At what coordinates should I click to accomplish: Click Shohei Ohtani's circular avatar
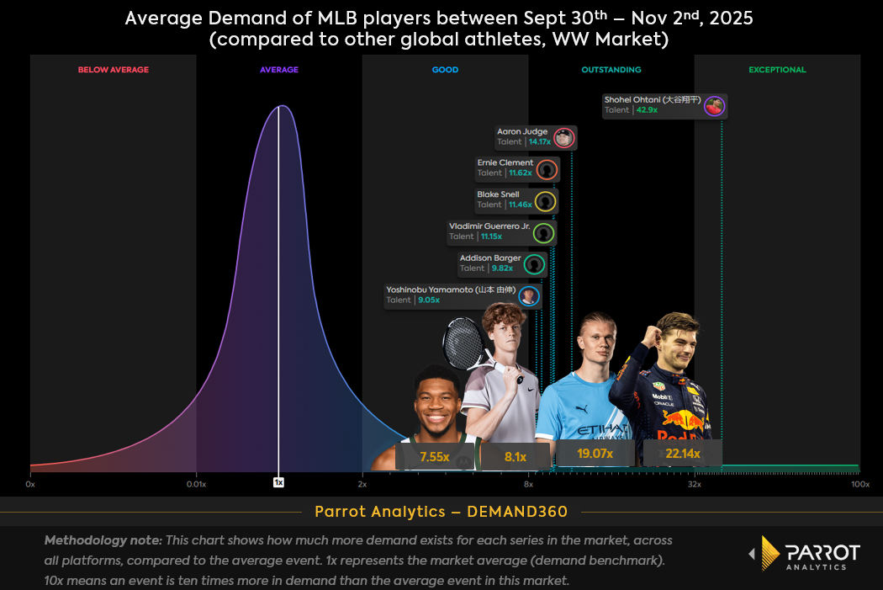[714, 106]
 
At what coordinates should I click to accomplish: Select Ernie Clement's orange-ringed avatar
[547, 169]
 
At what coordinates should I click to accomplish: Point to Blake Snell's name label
[498, 194]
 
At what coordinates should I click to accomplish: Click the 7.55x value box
[435, 457]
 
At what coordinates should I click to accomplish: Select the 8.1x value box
[516, 457]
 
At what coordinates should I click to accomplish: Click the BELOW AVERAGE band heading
[113, 70]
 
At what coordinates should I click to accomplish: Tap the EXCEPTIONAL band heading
[777, 70]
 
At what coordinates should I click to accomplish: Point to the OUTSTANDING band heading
[611, 70]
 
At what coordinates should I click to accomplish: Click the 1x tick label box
[278, 483]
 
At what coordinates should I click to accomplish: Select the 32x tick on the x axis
[695, 484]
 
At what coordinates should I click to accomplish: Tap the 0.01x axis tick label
[196, 484]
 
